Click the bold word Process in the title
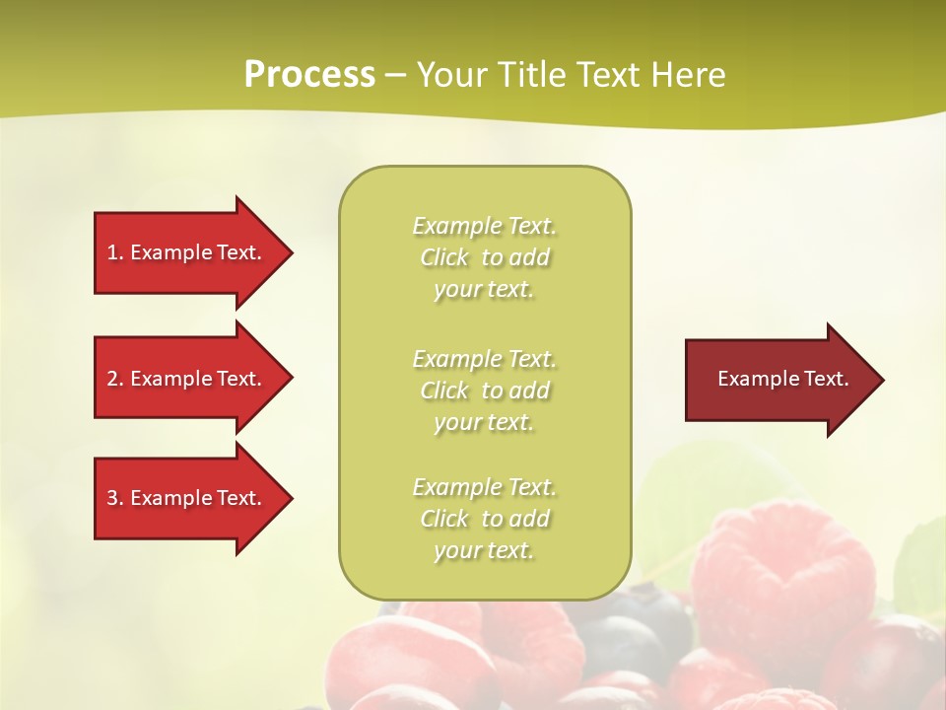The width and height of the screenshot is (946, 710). coord(309,75)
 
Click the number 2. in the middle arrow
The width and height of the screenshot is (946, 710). coord(115,379)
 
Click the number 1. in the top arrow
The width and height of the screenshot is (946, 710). coord(115,252)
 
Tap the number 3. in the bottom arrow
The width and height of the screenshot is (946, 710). coord(115,498)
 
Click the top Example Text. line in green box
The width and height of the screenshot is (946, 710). coord(484,226)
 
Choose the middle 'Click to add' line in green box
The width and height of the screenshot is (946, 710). coord(484,390)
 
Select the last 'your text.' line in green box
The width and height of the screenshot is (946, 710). coord(484,550)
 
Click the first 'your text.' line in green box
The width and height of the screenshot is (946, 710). coord(484,289)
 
